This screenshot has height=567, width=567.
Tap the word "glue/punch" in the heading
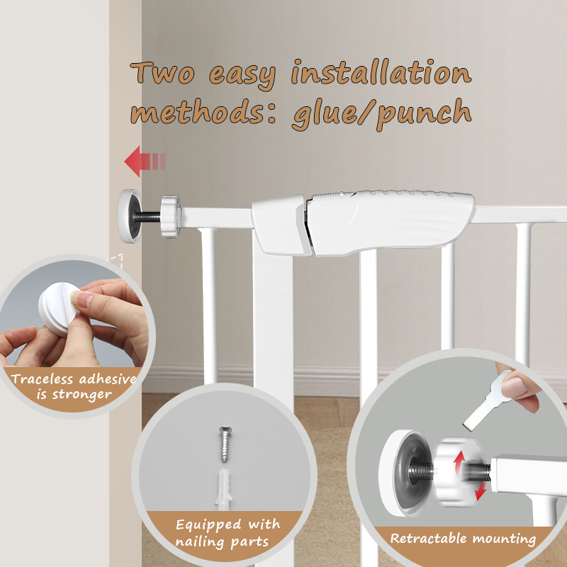point(382,114)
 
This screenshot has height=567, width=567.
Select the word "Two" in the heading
point(162,73)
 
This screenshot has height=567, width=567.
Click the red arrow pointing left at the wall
point(145,162)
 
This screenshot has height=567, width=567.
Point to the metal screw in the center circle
point(225,444)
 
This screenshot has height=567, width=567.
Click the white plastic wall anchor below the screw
point(223,489)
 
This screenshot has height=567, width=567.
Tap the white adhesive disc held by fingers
point(59,308)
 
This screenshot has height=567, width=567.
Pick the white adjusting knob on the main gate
point(170,217)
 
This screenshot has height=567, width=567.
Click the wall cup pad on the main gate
point(130,216)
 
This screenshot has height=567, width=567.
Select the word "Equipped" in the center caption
point(208,524)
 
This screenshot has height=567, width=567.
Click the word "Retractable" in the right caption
point(428,539)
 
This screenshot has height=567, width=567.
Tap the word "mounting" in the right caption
point(504,539)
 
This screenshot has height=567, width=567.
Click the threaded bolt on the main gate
point(148,217)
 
